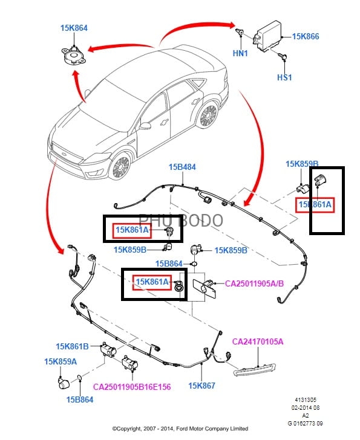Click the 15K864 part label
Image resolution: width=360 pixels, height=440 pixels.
coord(74,28)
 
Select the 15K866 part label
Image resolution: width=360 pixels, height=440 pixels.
coord(306,36)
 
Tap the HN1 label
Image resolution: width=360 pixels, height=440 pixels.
coord(240,53)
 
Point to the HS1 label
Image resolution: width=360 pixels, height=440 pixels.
coord(284,77)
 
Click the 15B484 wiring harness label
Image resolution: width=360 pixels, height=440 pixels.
coord(182,167)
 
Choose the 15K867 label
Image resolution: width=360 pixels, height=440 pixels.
coord(201,386)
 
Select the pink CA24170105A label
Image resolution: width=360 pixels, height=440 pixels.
coord(258,342)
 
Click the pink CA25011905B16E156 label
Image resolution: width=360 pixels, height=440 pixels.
coord(132,387)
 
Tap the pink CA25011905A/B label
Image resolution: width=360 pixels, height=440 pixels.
coord(254,283)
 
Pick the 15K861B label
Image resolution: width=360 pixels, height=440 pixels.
coord(72,346)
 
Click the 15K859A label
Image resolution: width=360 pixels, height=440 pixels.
coord(61,361)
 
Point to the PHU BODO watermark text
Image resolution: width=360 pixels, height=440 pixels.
coord(181,220)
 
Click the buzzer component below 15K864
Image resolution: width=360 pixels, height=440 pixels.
coord(73,56)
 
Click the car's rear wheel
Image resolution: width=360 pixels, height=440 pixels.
coord(208,114)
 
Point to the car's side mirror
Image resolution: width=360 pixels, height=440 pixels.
coord(145,126)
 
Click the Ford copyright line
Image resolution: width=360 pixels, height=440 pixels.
coord(180,429)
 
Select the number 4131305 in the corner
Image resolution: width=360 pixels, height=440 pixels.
coord(306,400)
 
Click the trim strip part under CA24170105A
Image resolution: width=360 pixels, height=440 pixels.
coord(254,369)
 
